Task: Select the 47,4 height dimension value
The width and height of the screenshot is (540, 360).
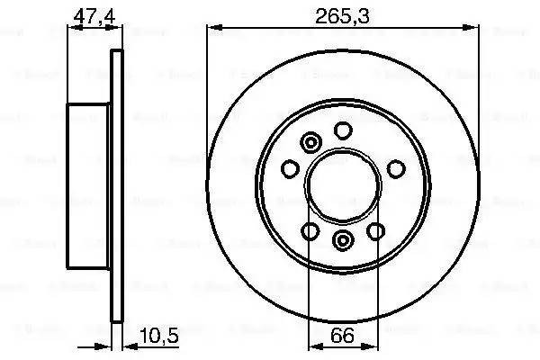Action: (85, 14)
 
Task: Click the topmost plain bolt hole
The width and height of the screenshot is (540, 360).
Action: (343, 131)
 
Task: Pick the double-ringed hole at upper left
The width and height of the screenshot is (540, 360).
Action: (311, 142)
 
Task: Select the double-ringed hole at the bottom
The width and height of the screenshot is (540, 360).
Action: (343, 239)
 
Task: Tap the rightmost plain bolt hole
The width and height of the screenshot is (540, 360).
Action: (395, 167)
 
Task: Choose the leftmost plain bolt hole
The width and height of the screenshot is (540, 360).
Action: (290, 168)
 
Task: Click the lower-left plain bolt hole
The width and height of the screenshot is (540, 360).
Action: (310, 232)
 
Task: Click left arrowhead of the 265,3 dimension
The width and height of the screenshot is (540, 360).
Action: (212, 29)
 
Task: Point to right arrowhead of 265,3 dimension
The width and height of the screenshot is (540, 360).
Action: (473, 29)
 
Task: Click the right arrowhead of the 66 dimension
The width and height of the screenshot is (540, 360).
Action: (373, 348)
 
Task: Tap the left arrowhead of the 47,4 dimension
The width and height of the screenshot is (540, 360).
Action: (72, 29)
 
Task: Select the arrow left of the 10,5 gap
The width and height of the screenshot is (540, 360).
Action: (106, 348)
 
